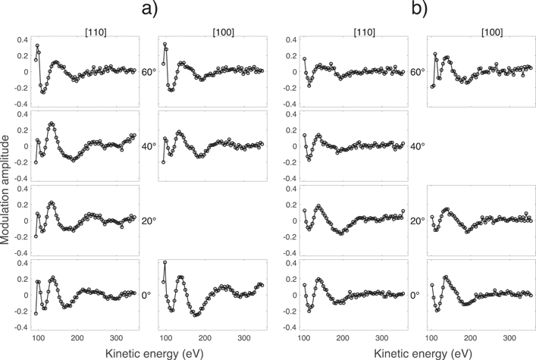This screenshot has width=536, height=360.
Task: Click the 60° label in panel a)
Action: click(x=149, y=72)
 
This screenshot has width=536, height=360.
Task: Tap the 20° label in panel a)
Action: click(x=149, y=221)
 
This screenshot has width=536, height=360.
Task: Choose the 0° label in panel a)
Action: click(x=149, y=295)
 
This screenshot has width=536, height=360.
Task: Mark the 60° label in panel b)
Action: click(x=418, y=72)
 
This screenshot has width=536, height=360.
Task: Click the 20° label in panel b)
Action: click(x=418, y=221)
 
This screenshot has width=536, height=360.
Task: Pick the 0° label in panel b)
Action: click(x=418, y=295)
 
